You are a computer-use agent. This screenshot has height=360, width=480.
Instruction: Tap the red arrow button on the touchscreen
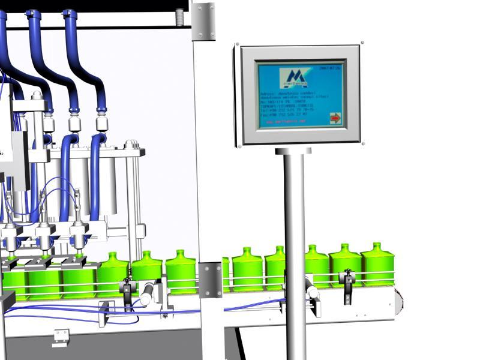pyautogui.click(x=335, y=118)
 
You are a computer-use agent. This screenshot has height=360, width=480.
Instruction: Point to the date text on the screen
pyautogui.click(x=329, y=68)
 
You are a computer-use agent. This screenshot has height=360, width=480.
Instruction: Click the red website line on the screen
pyautogui.click(x=286, y=122)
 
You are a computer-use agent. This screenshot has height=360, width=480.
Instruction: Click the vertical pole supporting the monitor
pyautogui.click(x=295, y=252)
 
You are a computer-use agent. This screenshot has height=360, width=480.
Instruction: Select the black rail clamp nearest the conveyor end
pyautogui.click(x=347, y=282)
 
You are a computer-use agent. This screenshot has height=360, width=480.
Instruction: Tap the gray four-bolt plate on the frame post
pyautogui.click(x=211, y=280)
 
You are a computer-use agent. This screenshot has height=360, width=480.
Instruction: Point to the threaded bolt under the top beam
pyautogui.click(x=179, y=17)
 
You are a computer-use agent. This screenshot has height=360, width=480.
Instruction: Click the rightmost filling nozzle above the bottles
pyautogui.click(x=78, y=237)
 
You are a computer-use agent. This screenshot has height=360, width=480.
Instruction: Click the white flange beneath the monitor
pyautogui.click(x=294, y=151)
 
